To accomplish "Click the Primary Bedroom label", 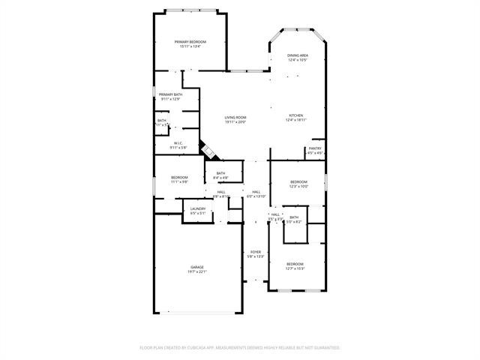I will (x=190, y=41).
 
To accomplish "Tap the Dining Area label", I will (x=298, y=55).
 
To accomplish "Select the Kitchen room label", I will (x=296, y=115).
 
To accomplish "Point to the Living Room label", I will (x=235, y=117).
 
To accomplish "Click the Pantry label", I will (x=315, y=148).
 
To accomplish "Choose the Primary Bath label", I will (x=170, y=94).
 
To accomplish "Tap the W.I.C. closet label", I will (x=178, y=143).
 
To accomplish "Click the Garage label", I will (x=197, y=267).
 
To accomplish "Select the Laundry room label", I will (x=198, y=208).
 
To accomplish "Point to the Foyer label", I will (x=256, y=252).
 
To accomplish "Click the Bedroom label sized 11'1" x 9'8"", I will (x=169, y=177).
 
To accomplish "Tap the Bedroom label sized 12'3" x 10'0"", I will (x=299, y=181).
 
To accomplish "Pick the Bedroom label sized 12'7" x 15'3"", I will (x=295, y=263).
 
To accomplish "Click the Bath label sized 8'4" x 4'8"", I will (x=220, y=173).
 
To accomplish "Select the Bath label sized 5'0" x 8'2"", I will (x=294, y=217).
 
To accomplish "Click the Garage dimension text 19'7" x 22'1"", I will (x=197, y=271).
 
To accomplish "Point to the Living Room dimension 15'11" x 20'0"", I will (x=235, y=121).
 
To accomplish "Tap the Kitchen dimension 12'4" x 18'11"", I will (x=296, y=120).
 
